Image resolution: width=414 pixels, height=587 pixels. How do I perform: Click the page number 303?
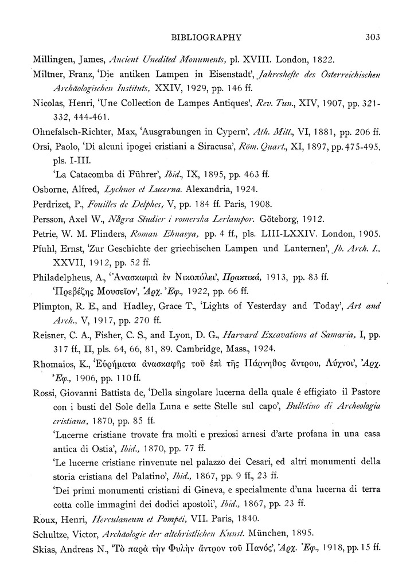coord(373,38)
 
